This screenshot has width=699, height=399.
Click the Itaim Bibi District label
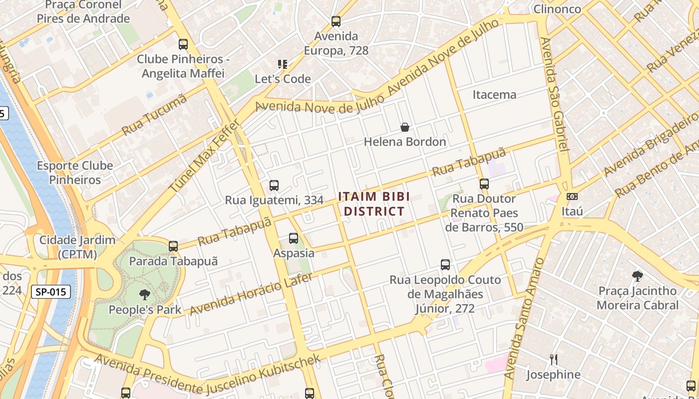(374, 203)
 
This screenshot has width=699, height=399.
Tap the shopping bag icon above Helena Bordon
(405, 128)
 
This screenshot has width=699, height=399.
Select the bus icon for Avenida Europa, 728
(336, 21)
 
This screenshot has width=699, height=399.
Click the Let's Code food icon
(283, 64)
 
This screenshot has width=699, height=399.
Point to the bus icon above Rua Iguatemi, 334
(274, 186)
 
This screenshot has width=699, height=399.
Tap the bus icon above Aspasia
(294, 238)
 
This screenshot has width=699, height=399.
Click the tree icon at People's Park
(145, 295)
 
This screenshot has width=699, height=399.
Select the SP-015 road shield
(51, 292)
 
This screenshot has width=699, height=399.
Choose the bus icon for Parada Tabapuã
(173, 246)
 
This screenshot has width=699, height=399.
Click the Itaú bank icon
(572, 197)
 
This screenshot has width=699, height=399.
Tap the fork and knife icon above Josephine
(553, 360)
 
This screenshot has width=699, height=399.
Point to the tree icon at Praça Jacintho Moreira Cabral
(637, 276)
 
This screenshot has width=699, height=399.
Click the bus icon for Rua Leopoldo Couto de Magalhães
(445, 265)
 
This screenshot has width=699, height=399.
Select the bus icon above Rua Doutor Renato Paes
(484, 184)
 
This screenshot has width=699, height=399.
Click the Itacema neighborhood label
(494, 94)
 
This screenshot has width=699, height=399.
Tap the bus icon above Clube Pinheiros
(183, 44)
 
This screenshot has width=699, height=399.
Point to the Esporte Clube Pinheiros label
(75, 173)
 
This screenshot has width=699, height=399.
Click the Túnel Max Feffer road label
(205, 156)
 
